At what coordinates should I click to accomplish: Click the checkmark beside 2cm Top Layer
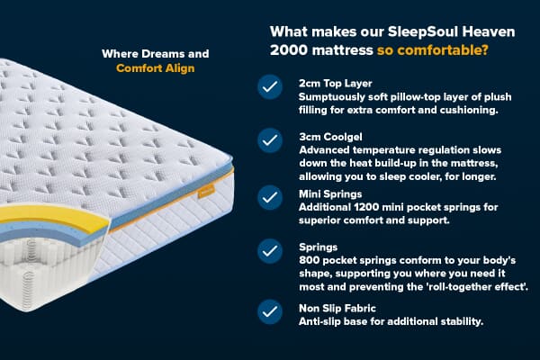pos(269,87)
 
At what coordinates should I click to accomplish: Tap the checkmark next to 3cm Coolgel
pos(269,140)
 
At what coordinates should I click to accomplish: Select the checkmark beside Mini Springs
pos(269,195)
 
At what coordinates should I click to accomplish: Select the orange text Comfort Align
pos(156,67)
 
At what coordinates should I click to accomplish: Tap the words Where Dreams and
pos(156,53)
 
